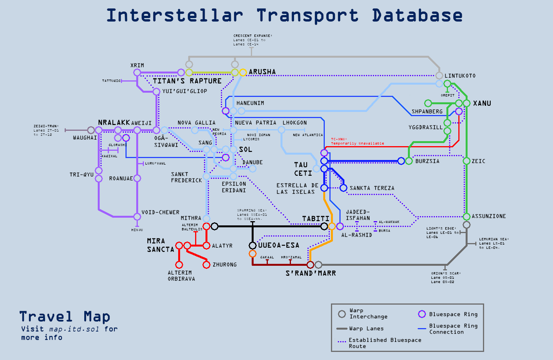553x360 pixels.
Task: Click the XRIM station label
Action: point(137,65)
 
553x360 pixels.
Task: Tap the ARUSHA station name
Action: point(262,72)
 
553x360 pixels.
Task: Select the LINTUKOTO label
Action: point(460,76)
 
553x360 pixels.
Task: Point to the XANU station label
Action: point(482,103)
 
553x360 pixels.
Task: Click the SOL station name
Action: point(246,150)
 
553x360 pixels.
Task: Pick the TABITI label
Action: point(316,218)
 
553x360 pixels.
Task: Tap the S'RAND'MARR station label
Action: point(311,273)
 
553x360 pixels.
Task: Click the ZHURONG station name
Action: point(225,265)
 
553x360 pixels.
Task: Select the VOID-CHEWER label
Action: point(160,212)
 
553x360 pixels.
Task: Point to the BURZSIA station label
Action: point(427,161)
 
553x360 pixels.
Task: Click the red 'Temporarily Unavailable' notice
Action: point(358,143)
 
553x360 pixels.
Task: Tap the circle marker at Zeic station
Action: point(466,161)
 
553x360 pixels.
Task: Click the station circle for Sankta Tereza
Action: point(343,188)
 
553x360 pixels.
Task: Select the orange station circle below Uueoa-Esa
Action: point(252,253)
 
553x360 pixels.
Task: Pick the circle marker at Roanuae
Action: point(137,178)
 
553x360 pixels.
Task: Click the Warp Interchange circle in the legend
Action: point(342,314)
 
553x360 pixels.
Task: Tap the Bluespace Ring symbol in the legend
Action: point(422,314)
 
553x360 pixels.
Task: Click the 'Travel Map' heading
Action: point(65,317)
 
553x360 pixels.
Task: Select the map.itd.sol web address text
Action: point(74,329)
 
